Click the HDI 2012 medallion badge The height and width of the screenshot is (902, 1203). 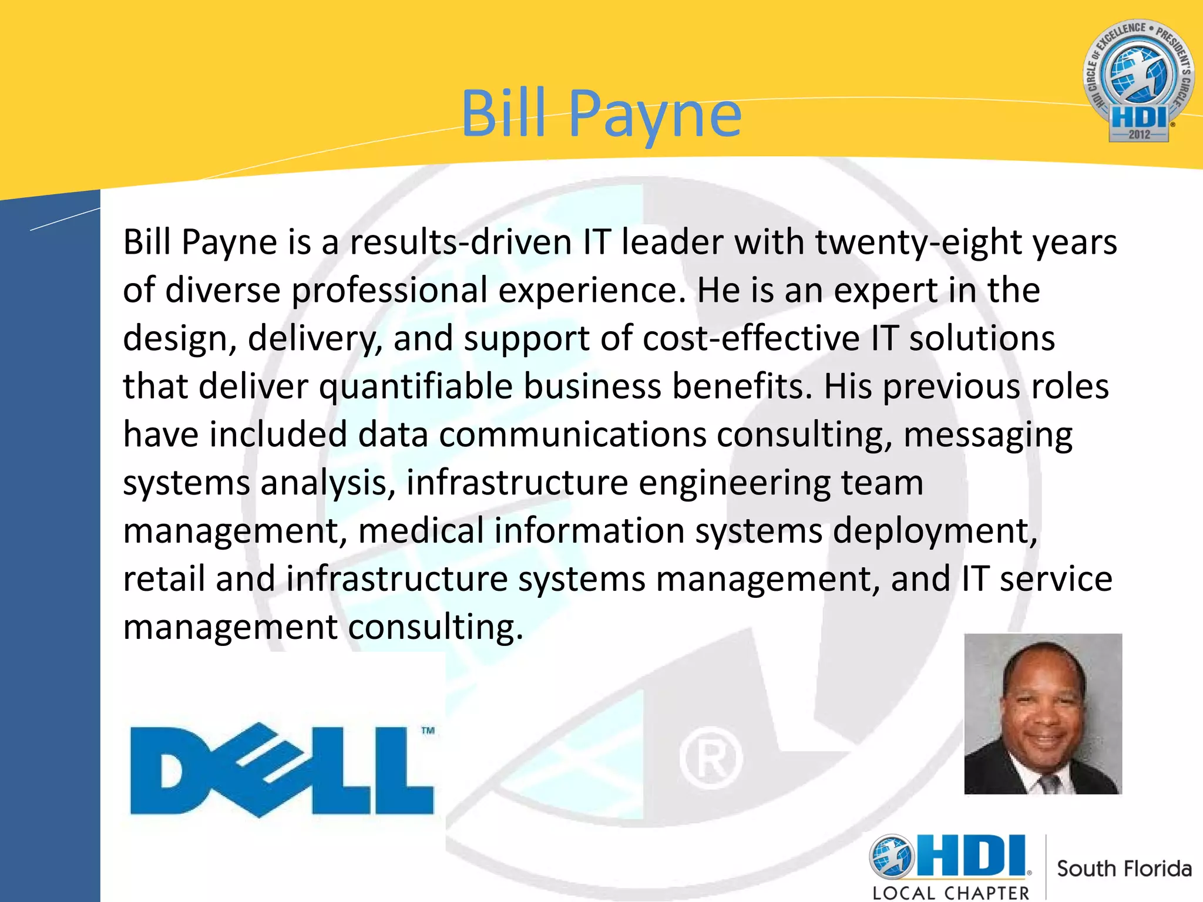tap(1138, 81)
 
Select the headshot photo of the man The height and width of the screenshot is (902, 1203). tap(1043, 713)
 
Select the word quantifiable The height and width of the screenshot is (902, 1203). tap(416, 387)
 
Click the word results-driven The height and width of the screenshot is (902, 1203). tap(461, 243)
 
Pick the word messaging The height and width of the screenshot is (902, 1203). tap(988, 436)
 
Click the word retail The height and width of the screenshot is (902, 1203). tap(164, 579)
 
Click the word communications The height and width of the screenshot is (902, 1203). tap(573, 435)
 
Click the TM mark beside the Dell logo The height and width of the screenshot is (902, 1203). tap(428, 731)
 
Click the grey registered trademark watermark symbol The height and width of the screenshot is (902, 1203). tap(711, 758)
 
